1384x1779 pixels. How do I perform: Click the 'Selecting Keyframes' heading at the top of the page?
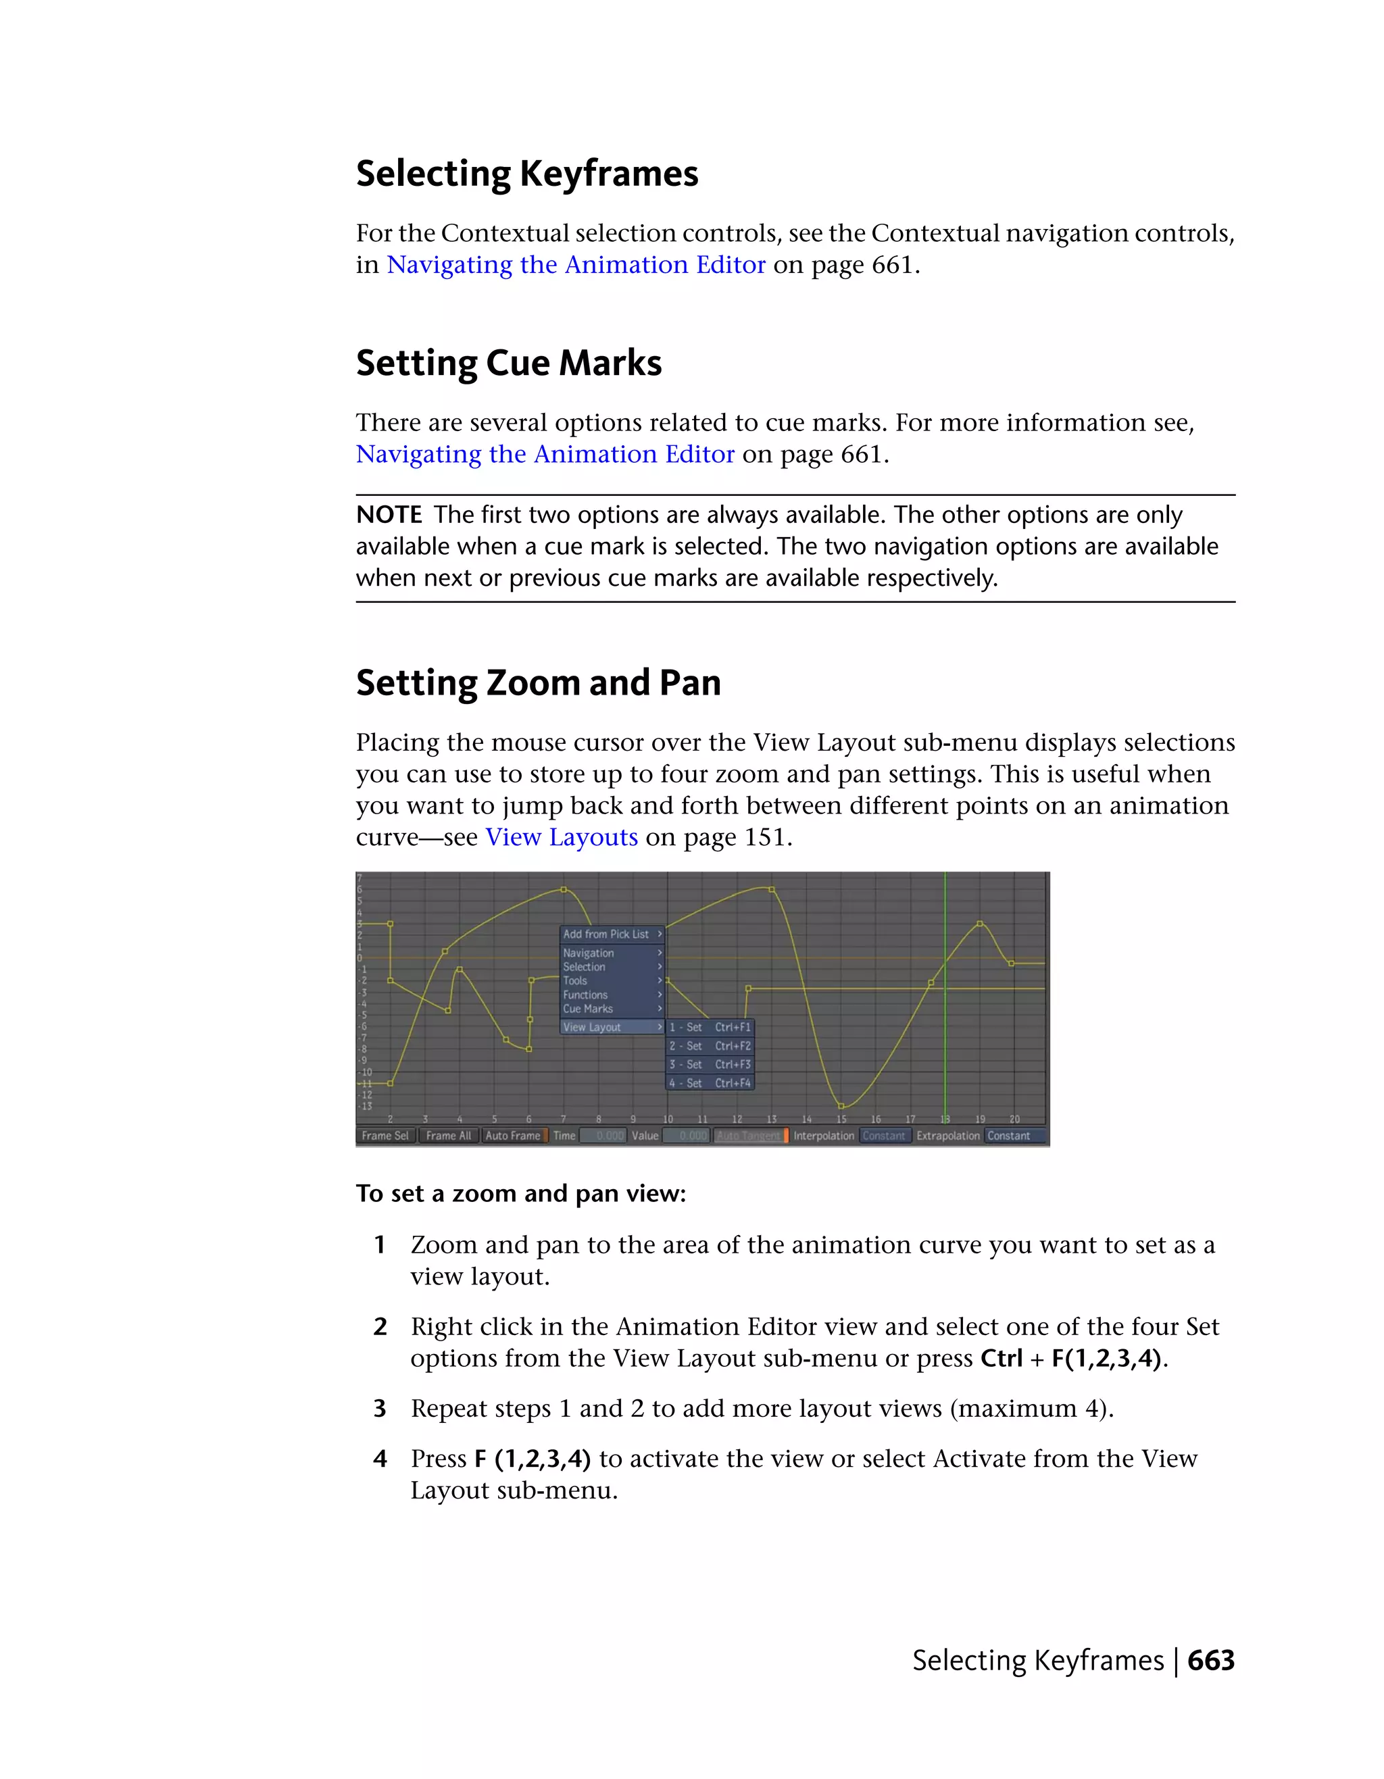pyautogui.click(x=526, y=174)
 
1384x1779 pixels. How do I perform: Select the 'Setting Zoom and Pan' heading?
pyautogui.click(x=538, y=682)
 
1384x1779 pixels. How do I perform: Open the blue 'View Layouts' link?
pyautogui.click(x=562, y=837)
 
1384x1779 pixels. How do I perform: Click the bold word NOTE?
pyautogui.click(x=389, y=515)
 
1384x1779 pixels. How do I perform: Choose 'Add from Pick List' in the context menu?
pyautogui.click(x=606, y=934)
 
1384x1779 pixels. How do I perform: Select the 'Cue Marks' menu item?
pyautogui.click(x=587, y=1009)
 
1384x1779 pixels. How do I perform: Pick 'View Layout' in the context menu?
pyautogui.click(x=591, y=1027)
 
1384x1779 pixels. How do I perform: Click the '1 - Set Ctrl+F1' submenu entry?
pyautogui.click(x=710, y=1027)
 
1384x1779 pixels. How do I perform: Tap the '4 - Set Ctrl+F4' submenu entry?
pyautogui.click(x=710, y=1083)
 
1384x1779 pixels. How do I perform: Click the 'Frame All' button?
pyautogui.click(x=448, y=1136)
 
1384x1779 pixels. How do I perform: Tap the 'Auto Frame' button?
pyautogui.click(x=512, y=1136)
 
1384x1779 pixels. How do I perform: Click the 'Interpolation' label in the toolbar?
pyautogui.click(x=824, y=1136)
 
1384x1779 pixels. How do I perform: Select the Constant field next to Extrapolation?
pyautogui.click(x=1010, y=1136)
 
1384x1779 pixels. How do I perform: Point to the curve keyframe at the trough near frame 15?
pyautogui.click(x=841, y=1106)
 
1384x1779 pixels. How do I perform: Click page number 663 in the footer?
pyautogui.click(x=1210, y=1660)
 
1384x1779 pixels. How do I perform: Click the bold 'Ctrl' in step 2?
pyautogui.click(x=1001, y=1359)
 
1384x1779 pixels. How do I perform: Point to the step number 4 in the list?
pyautogui.click(x=380, y=1459)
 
